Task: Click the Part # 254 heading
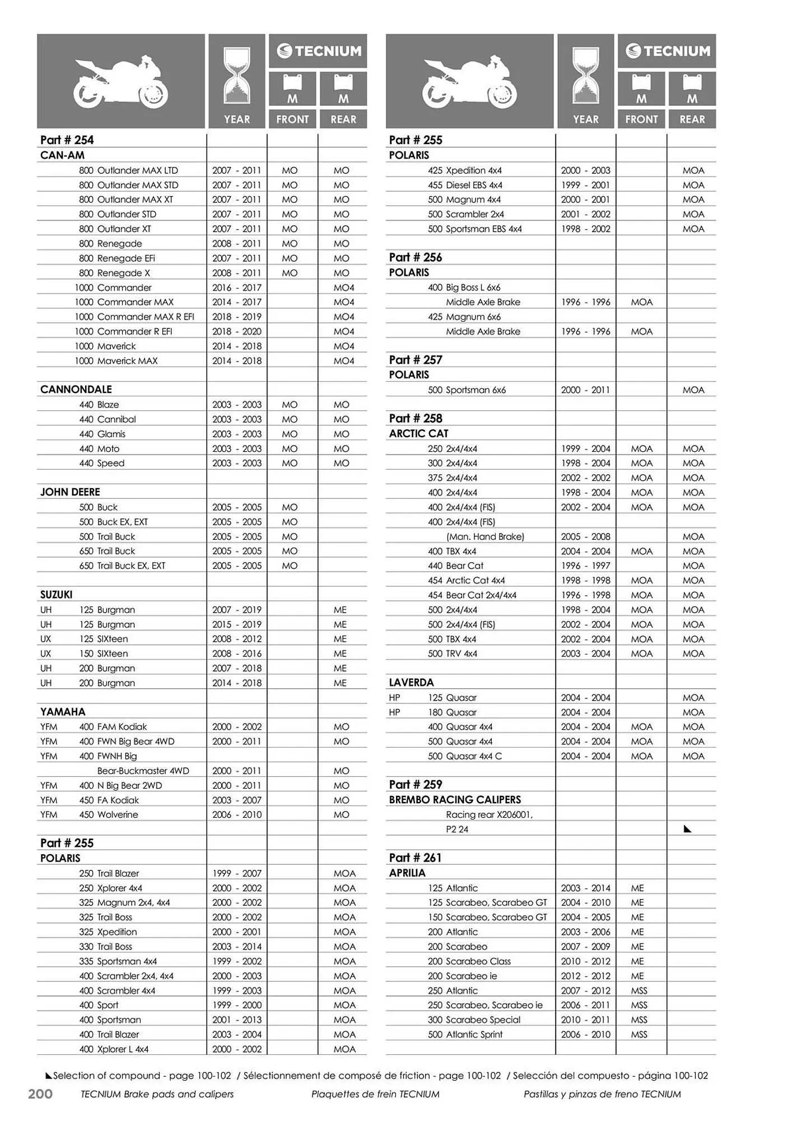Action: pos(67,140)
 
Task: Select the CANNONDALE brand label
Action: pos(76,390)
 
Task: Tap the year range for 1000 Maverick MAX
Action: pos(236,361)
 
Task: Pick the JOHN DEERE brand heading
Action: pos(70,492)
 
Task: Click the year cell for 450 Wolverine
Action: pos(236,815)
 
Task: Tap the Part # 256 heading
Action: pos(415,257)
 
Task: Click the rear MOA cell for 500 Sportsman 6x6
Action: pos(693,390)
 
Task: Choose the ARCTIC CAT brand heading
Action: pos(418,433)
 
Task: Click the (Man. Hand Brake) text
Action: pos(485,536)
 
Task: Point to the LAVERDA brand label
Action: pos(411,683)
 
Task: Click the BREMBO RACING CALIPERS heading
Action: pos(455,800)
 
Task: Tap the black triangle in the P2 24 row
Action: pos(688,829)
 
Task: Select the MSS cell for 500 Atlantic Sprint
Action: pos(639,1035)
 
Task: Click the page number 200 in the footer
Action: pos(40,1094)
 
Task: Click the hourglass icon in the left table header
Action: pos(237,76)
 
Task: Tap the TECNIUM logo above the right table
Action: pos(667,51)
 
